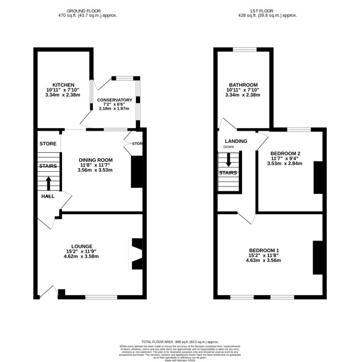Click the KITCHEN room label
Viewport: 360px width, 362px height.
(63, 84)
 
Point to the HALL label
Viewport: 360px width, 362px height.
(48, 196)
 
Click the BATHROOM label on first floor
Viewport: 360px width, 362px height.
(243, 84)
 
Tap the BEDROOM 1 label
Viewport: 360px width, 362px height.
(264, 250)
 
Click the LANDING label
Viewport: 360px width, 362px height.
(235, 141)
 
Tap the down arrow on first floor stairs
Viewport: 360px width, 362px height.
(229, 160)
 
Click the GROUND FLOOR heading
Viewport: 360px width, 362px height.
(92, 10)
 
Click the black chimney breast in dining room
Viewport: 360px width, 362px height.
(136, 172)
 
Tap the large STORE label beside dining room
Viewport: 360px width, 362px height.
(48, 144)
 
